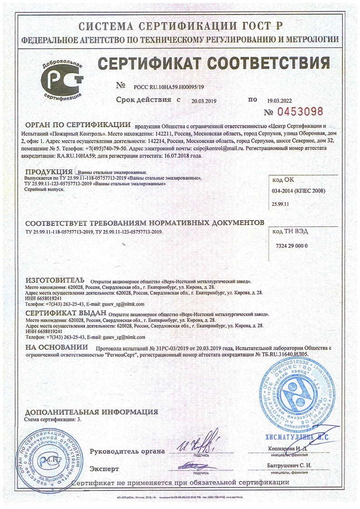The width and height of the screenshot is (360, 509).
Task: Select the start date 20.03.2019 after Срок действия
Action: click(205, 100)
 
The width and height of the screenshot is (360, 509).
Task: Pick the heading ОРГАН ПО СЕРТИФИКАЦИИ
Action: click(78, 125)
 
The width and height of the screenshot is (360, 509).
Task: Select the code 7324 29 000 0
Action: click(292, 246)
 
